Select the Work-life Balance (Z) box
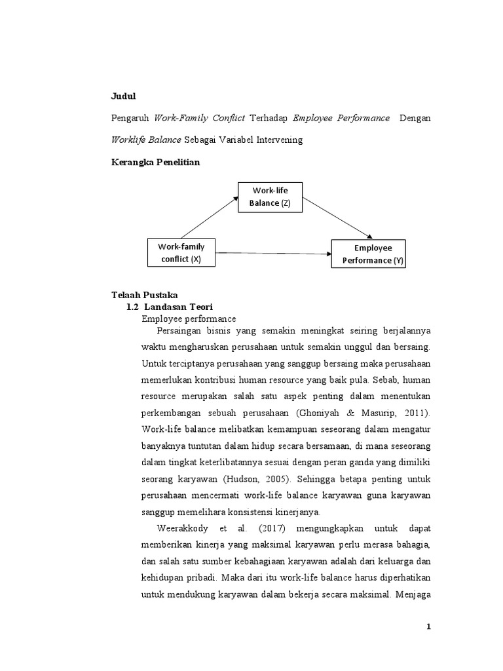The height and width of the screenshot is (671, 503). point(269,197)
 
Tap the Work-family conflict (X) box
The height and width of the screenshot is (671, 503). point(181,253)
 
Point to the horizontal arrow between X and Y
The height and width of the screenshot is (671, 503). point(272,253)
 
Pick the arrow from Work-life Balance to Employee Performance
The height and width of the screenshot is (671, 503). point(337,216)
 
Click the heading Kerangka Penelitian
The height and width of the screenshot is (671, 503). point(155,163)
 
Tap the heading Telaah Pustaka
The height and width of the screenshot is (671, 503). point(140,296)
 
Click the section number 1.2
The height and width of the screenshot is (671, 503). point(132,307)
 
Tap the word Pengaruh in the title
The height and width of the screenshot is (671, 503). point(129,118)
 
